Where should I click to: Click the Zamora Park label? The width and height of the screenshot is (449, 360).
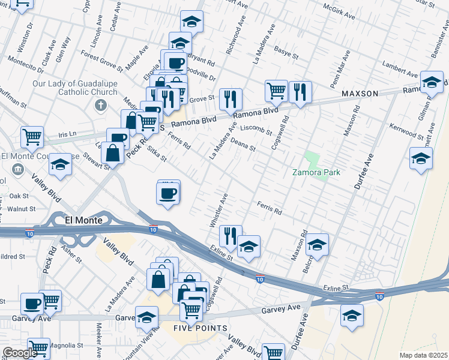point(316,173)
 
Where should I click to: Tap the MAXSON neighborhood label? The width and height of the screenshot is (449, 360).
point(360,94)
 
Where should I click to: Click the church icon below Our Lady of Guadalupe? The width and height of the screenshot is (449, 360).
point(100,106)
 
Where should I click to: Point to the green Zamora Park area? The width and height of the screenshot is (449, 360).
point(312,160)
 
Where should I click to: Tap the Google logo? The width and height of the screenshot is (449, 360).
point(19,353)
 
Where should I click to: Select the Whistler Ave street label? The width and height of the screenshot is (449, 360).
point(217,210)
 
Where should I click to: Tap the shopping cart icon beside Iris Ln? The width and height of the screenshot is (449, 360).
point(32,136)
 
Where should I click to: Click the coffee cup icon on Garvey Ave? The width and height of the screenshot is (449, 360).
point(32,304)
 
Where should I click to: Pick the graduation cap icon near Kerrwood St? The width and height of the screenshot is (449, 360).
point(421,158)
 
